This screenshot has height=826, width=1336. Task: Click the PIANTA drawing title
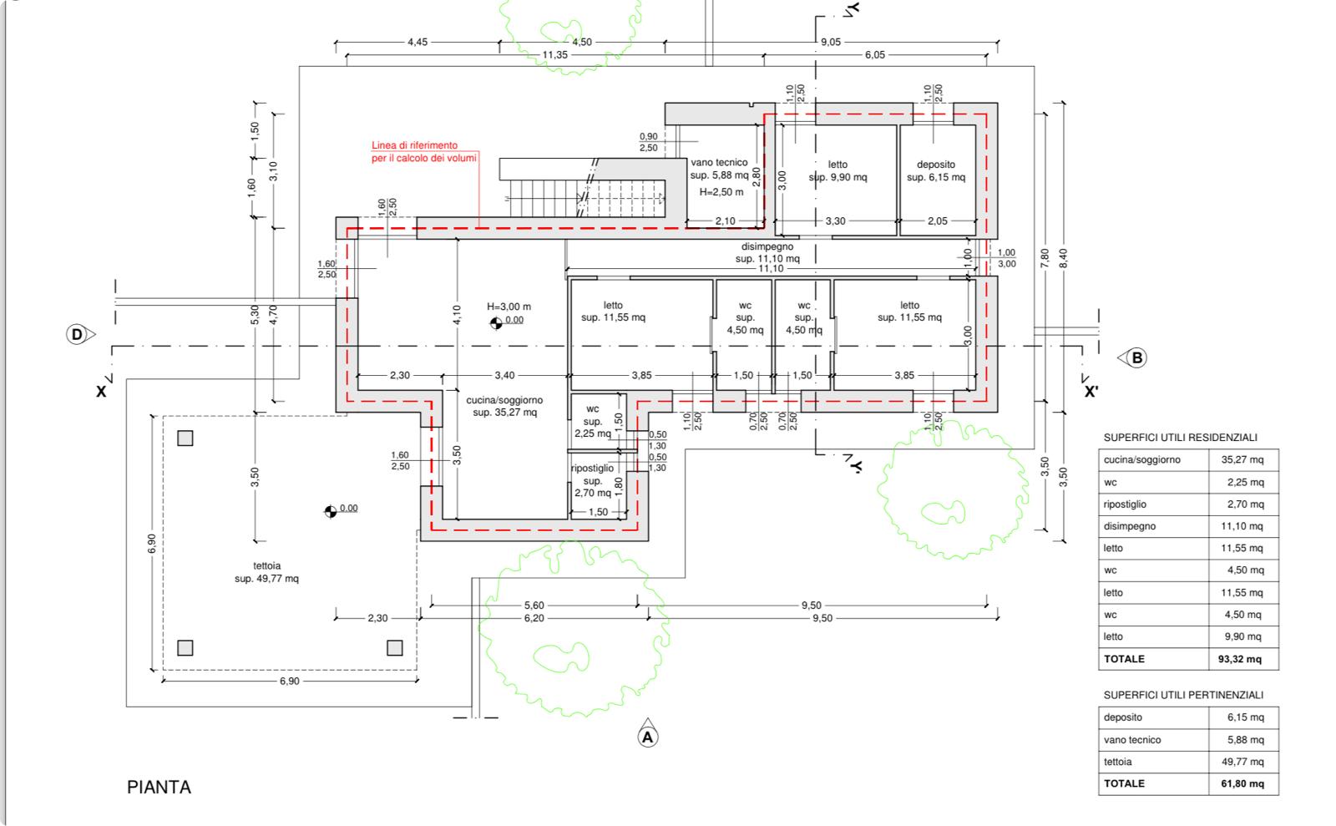(159, 788)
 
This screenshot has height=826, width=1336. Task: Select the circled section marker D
(77, 335)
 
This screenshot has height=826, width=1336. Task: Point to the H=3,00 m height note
(509, 307)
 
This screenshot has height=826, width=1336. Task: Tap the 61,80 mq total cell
(1242, 783)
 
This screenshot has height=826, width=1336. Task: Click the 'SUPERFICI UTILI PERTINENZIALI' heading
(1183, 695)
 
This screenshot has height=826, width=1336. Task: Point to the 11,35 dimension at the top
(554, 55)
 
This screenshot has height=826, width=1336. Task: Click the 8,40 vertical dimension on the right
(1063, 258)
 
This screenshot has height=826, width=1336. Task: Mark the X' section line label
(1091, 392)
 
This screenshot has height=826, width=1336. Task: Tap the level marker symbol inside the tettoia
(331, 512)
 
